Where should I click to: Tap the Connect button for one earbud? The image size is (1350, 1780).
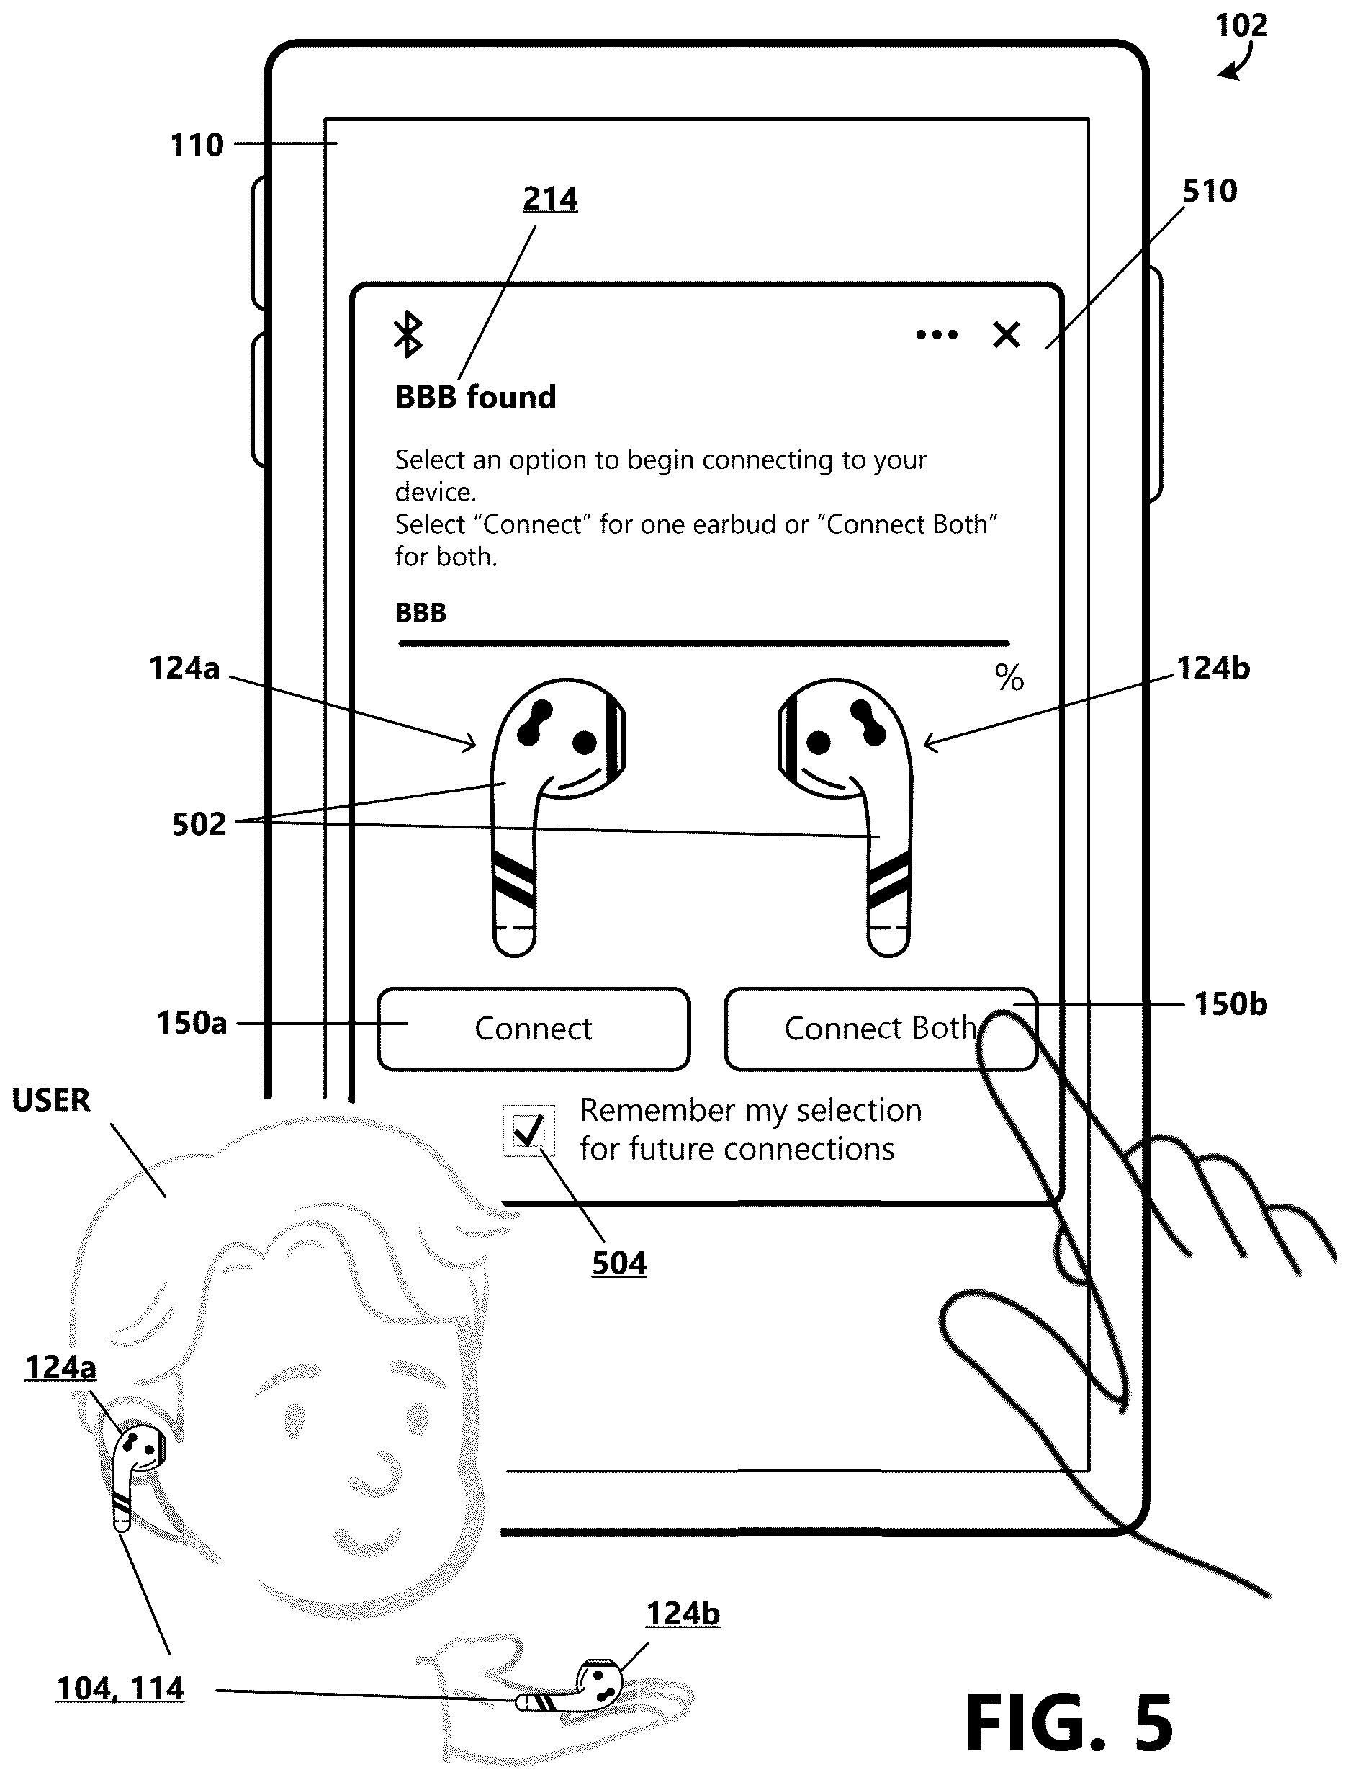[534, 1029]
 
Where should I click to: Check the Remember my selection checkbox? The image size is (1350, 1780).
[528, 1131]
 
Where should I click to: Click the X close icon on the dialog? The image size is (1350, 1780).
[1007, 334]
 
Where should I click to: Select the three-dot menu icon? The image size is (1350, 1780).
[937, 335]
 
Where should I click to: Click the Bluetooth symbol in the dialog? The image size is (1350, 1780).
[408, 334]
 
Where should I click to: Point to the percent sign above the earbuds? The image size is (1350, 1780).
[1009, 678]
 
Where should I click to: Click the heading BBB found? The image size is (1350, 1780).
[475, 397]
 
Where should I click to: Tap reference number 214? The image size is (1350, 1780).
[550, 198]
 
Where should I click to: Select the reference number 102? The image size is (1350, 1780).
[1241, 26]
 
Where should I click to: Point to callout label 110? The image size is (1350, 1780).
[197, 146]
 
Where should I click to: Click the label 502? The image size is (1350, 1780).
[199, 825]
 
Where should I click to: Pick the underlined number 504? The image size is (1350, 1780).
[618, 1264]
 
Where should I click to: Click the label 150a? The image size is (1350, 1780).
[192, 1024]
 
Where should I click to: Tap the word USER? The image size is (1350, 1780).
[50, 1101]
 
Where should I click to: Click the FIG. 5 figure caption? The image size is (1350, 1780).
[1069, 1722]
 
